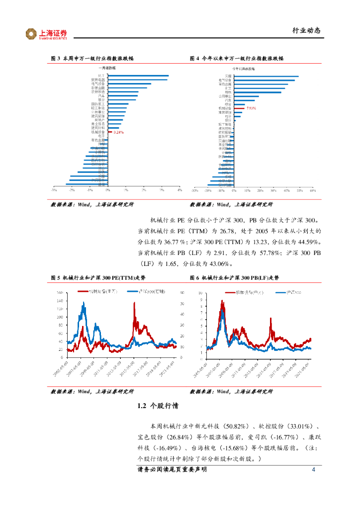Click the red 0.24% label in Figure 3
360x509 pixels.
(118, 132)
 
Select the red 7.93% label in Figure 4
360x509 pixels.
(251, 108)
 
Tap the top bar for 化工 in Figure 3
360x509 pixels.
(138, 76)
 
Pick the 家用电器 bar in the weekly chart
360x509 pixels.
(137, 80)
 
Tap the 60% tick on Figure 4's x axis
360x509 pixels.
(313, 190)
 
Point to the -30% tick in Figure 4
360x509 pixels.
(194, 190)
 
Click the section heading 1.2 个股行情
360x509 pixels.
(158, 406)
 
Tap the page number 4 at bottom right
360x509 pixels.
(313, 470)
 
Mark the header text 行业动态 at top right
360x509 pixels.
(306, 31)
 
